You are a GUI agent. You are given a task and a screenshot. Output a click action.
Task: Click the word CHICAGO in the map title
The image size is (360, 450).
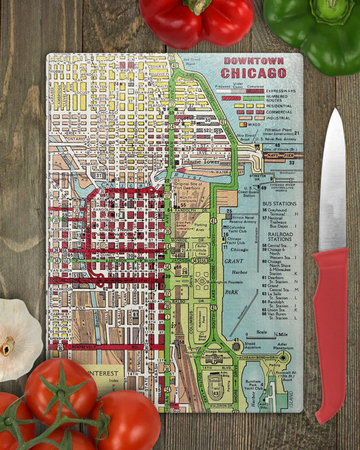(253, 72)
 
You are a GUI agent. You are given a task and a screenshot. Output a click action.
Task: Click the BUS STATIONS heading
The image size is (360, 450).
(279, 203)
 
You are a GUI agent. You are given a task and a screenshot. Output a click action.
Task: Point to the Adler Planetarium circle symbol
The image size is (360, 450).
(283, 357)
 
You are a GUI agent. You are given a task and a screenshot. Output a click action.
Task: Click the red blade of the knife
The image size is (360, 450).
(332, 176)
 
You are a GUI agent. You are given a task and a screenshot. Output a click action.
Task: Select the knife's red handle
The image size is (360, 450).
(330, 324)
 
